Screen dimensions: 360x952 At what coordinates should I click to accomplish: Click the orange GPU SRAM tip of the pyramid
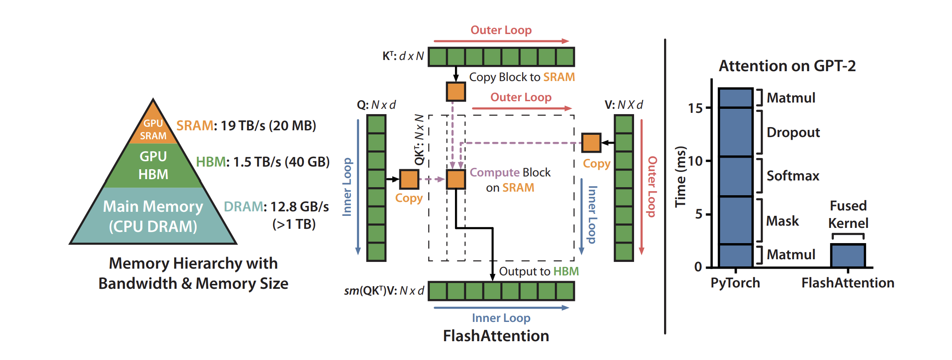click(x=153, y=128)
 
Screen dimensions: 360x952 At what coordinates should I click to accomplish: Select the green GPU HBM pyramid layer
click(x=153, y=165)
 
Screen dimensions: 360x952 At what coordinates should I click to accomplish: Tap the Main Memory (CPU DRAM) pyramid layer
click(x=153, y=216)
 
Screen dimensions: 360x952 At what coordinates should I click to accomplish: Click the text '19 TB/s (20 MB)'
click(x=268, y=126)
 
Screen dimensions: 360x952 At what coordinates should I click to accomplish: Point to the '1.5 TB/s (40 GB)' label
click(x=281, y=162)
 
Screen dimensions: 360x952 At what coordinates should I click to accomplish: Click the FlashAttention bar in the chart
click(x=848, y=256)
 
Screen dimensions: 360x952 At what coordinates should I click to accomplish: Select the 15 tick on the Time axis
click(x=695, y=108)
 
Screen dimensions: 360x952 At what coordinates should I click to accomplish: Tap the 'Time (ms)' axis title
click(x=681, y=176)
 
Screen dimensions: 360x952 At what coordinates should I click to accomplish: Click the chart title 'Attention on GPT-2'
click(x=787, y=66)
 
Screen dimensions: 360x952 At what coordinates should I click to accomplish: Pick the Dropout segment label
click(x=793, y=133)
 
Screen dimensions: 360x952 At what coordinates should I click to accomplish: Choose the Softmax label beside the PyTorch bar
click(x=793, y=176)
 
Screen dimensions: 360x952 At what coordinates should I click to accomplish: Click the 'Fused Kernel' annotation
click(x=848, y=214)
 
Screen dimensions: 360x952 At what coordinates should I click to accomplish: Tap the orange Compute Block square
click(x=456, y=179)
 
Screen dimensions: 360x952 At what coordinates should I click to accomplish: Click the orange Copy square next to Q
click(x=409, y=179)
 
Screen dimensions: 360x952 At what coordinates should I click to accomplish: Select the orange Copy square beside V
click(x=591, y=143)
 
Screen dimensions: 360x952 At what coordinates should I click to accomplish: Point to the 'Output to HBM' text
click(x=539, y=271)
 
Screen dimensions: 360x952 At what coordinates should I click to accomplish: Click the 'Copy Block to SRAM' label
click(x=522, y=77)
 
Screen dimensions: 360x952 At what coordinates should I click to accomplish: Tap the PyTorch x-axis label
click(x=735, y=283)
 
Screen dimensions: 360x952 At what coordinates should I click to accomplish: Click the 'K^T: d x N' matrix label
click(x=403, y=56)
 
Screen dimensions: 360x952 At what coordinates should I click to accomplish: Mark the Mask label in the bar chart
click(x=782, y=221)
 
